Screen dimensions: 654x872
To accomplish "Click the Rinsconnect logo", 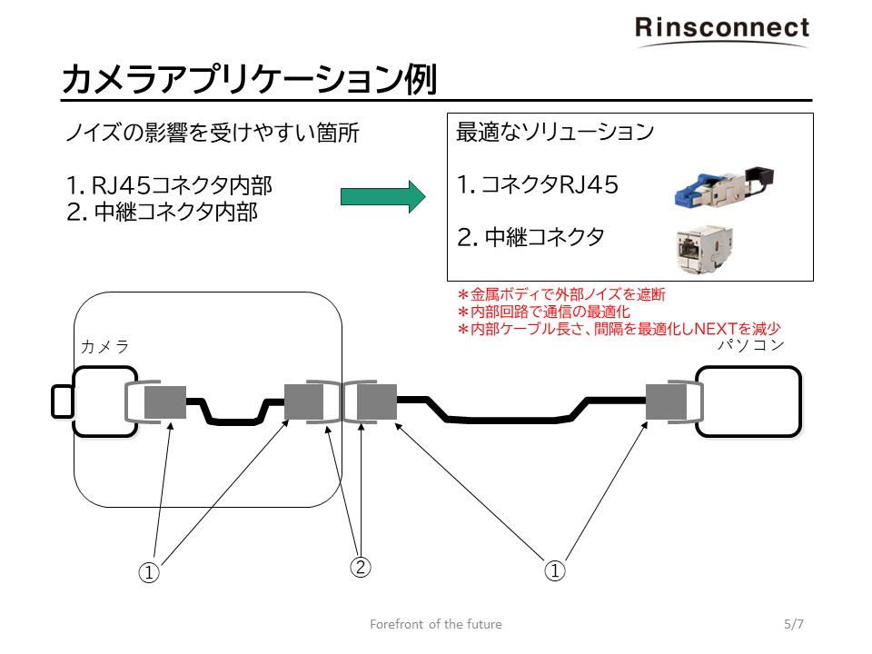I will click(721, 28).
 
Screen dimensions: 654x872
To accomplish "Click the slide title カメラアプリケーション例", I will click(249, 80).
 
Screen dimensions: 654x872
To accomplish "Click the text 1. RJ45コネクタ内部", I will click(170, 186).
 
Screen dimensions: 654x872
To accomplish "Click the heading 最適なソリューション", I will click(554, 133).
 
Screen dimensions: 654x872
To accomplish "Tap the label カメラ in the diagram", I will click(105, 346).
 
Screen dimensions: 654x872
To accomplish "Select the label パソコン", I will click(750, 345).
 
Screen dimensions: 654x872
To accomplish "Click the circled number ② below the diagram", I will click(361, 569).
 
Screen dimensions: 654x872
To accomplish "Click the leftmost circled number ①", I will click(149, 571).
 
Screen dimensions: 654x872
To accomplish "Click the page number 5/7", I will click(794, 624).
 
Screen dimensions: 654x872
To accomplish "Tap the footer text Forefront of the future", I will click(436, 624).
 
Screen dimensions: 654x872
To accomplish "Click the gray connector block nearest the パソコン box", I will click(665, 402).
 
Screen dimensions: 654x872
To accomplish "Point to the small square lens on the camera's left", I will click(63, 401).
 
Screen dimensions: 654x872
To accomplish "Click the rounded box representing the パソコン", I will click(749, 401).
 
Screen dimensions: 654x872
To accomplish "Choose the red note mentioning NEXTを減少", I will click(619, 329).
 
